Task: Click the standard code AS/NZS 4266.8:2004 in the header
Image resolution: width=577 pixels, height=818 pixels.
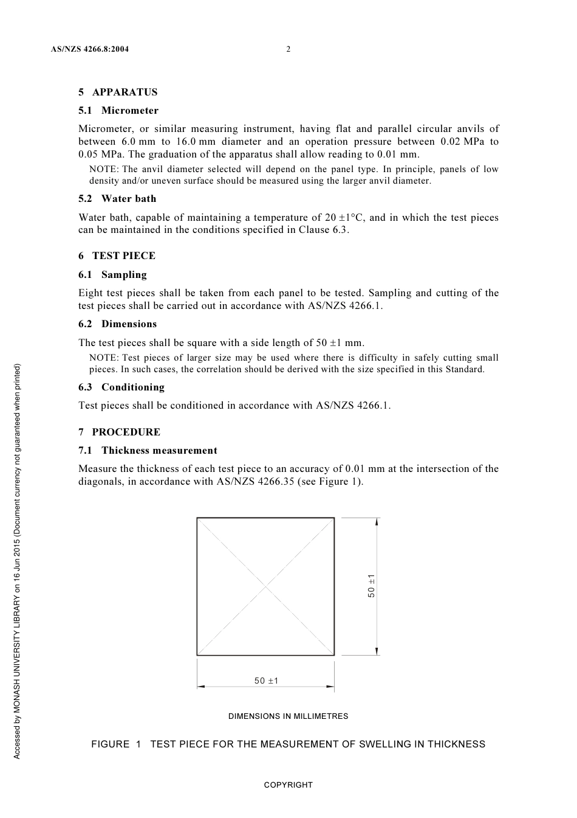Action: [90, 49]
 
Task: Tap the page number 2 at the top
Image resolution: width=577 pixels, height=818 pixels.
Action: [288, 49]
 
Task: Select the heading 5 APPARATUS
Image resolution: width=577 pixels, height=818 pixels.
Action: [118, 92]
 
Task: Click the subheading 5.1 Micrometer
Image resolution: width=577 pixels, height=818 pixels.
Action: [118, 111]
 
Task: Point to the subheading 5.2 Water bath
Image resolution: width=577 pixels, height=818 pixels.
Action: [117, 199]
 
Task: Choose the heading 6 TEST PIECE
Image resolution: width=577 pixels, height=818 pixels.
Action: [117, 256]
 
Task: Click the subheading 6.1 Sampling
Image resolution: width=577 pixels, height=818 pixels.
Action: [112, 275]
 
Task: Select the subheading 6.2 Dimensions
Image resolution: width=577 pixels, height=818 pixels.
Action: [117, 324]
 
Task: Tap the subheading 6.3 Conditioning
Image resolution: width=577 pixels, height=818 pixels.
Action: [121, 387]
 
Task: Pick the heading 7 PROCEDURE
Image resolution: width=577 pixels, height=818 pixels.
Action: [119, 432]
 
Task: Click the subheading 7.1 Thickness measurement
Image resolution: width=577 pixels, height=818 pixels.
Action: [148, 451]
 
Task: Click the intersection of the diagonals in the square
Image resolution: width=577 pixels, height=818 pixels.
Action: [265, 586]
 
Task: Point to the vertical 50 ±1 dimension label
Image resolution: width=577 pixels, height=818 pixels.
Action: [371, 586]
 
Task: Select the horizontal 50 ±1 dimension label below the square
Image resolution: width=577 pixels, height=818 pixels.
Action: [266, 681]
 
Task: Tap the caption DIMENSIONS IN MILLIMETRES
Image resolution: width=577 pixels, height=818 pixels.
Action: [288, 716]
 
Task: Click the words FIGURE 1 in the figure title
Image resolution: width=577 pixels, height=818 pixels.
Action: [116, 744]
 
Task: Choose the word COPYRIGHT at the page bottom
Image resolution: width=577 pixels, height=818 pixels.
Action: [288, 785]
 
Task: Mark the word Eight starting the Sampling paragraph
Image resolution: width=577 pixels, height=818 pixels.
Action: [91, 293]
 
